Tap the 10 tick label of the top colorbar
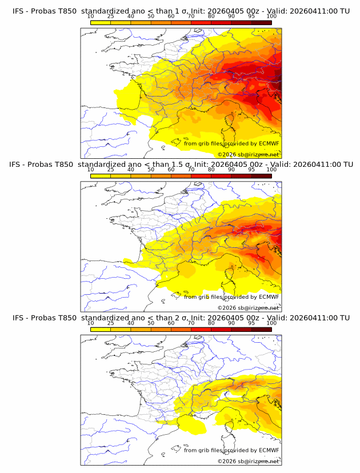(90, 17)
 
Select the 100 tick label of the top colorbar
(271, 17)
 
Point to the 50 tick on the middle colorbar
(151, 170)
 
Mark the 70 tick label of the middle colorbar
(191, 170)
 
